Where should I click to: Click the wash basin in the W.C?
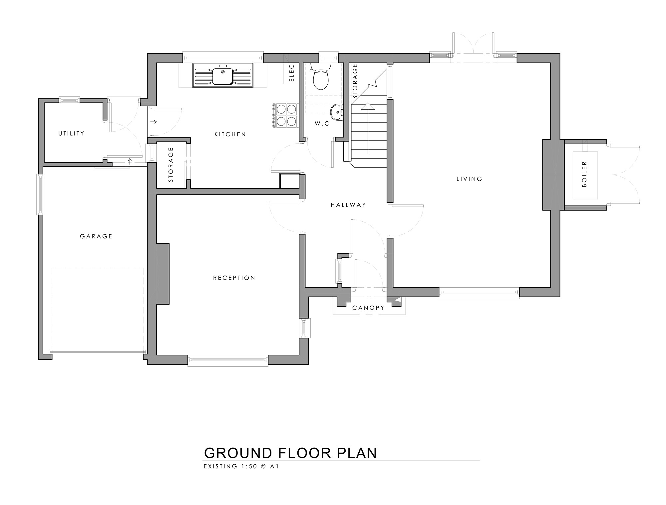pos(337,111)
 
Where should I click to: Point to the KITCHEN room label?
pos(230,134)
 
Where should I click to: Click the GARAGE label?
pos(96,236)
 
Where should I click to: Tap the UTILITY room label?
pos(71,133)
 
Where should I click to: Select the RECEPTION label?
pos(234,278)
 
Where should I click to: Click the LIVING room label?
pos(469,179)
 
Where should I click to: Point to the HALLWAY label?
pos(348,205)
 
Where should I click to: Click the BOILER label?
pos(584,174)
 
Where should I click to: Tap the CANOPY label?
pos(368,308)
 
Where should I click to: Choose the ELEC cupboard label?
pos(292,73)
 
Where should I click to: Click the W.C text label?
pos(322,124)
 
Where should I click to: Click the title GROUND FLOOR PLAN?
pos(290,453)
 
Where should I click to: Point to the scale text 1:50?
pos(248,467)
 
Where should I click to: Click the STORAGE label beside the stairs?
pos(355,81)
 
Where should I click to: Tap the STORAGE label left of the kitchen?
pos(171,165)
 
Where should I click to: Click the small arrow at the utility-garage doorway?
pos(130,162)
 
